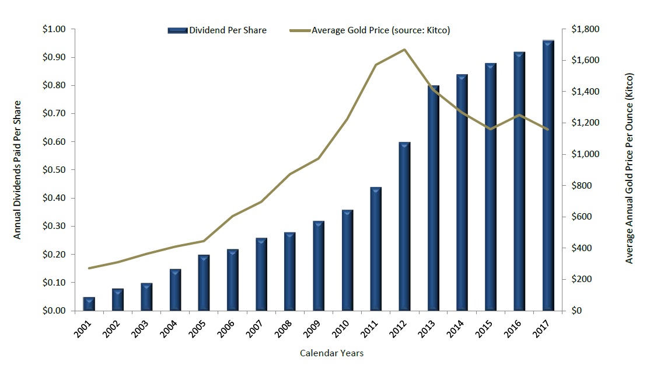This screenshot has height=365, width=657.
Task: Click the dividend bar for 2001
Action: [x=89, y=304]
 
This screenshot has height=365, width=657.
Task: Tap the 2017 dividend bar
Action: [x=548, y=175]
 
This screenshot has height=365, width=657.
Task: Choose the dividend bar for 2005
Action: [x=204, y=283]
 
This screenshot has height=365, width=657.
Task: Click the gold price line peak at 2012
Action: [x=404, y=50]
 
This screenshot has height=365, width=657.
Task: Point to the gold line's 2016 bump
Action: [x=519, y=115]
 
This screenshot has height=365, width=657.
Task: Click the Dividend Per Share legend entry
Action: [x=218, y=30]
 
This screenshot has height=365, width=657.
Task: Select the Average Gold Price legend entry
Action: [x=373, y=30]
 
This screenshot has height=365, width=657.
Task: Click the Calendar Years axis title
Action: [x=332, y=353]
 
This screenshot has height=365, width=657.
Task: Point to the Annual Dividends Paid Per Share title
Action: [x=18, y=170]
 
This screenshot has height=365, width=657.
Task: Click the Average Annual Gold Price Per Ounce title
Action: [x=630, y=169]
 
